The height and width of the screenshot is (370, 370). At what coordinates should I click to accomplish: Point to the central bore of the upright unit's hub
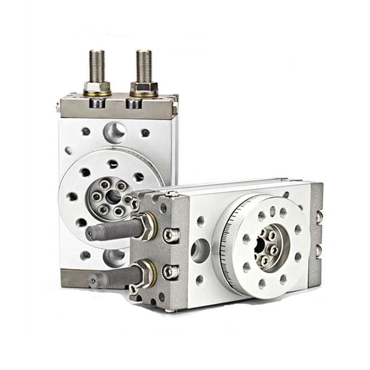(114, 195)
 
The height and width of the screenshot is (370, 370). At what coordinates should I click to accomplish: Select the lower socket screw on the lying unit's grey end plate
(170, 271)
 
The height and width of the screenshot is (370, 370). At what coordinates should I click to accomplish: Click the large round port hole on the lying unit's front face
(200, 250)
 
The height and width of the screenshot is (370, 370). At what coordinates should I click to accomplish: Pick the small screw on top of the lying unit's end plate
(172, 194)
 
